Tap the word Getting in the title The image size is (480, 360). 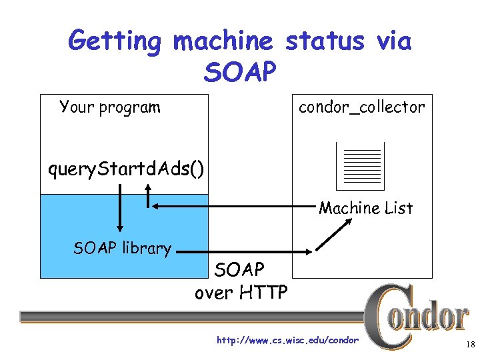115,41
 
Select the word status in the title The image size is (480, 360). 324,41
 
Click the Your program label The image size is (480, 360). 109,107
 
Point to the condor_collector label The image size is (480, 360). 361,107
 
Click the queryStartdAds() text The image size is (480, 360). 126,169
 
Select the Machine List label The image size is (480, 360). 365,208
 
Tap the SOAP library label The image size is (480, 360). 122,248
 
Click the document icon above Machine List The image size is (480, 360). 360,165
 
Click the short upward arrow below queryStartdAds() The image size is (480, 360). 147,193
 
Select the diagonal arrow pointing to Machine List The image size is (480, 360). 334,234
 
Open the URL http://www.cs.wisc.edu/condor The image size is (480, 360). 287,341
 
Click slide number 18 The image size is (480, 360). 467,345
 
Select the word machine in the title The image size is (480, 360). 223,41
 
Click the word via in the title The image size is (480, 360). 393,41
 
